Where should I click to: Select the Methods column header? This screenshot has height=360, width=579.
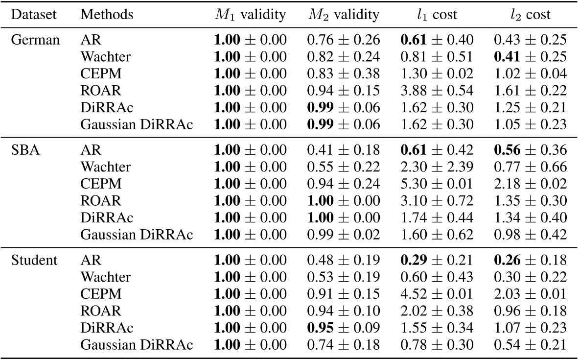[x=107, y=15]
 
